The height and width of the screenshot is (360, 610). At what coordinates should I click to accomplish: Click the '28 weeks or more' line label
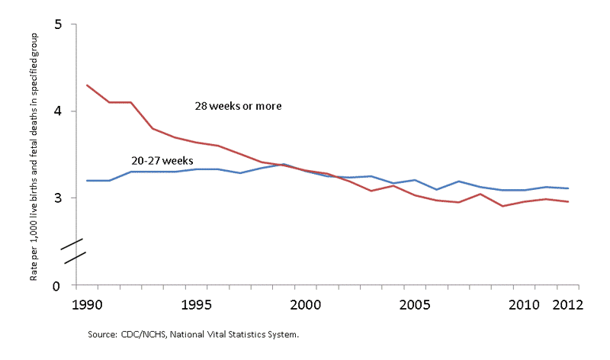(239, 106)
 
